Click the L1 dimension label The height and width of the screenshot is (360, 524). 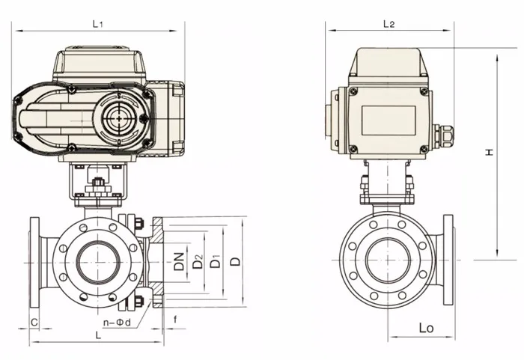coord(97,24)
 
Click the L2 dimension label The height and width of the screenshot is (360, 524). coord(389,24)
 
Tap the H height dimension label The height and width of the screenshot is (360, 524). coord(488,153)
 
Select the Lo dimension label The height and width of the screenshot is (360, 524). coord(427,329)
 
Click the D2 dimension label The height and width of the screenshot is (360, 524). coord(198,261)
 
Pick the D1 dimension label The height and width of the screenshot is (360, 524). coord(216,261)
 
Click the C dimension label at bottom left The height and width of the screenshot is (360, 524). coord(34,321)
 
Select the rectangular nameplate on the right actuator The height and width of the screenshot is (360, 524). coord(389,120)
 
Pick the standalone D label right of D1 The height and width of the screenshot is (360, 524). coord(235,261)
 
